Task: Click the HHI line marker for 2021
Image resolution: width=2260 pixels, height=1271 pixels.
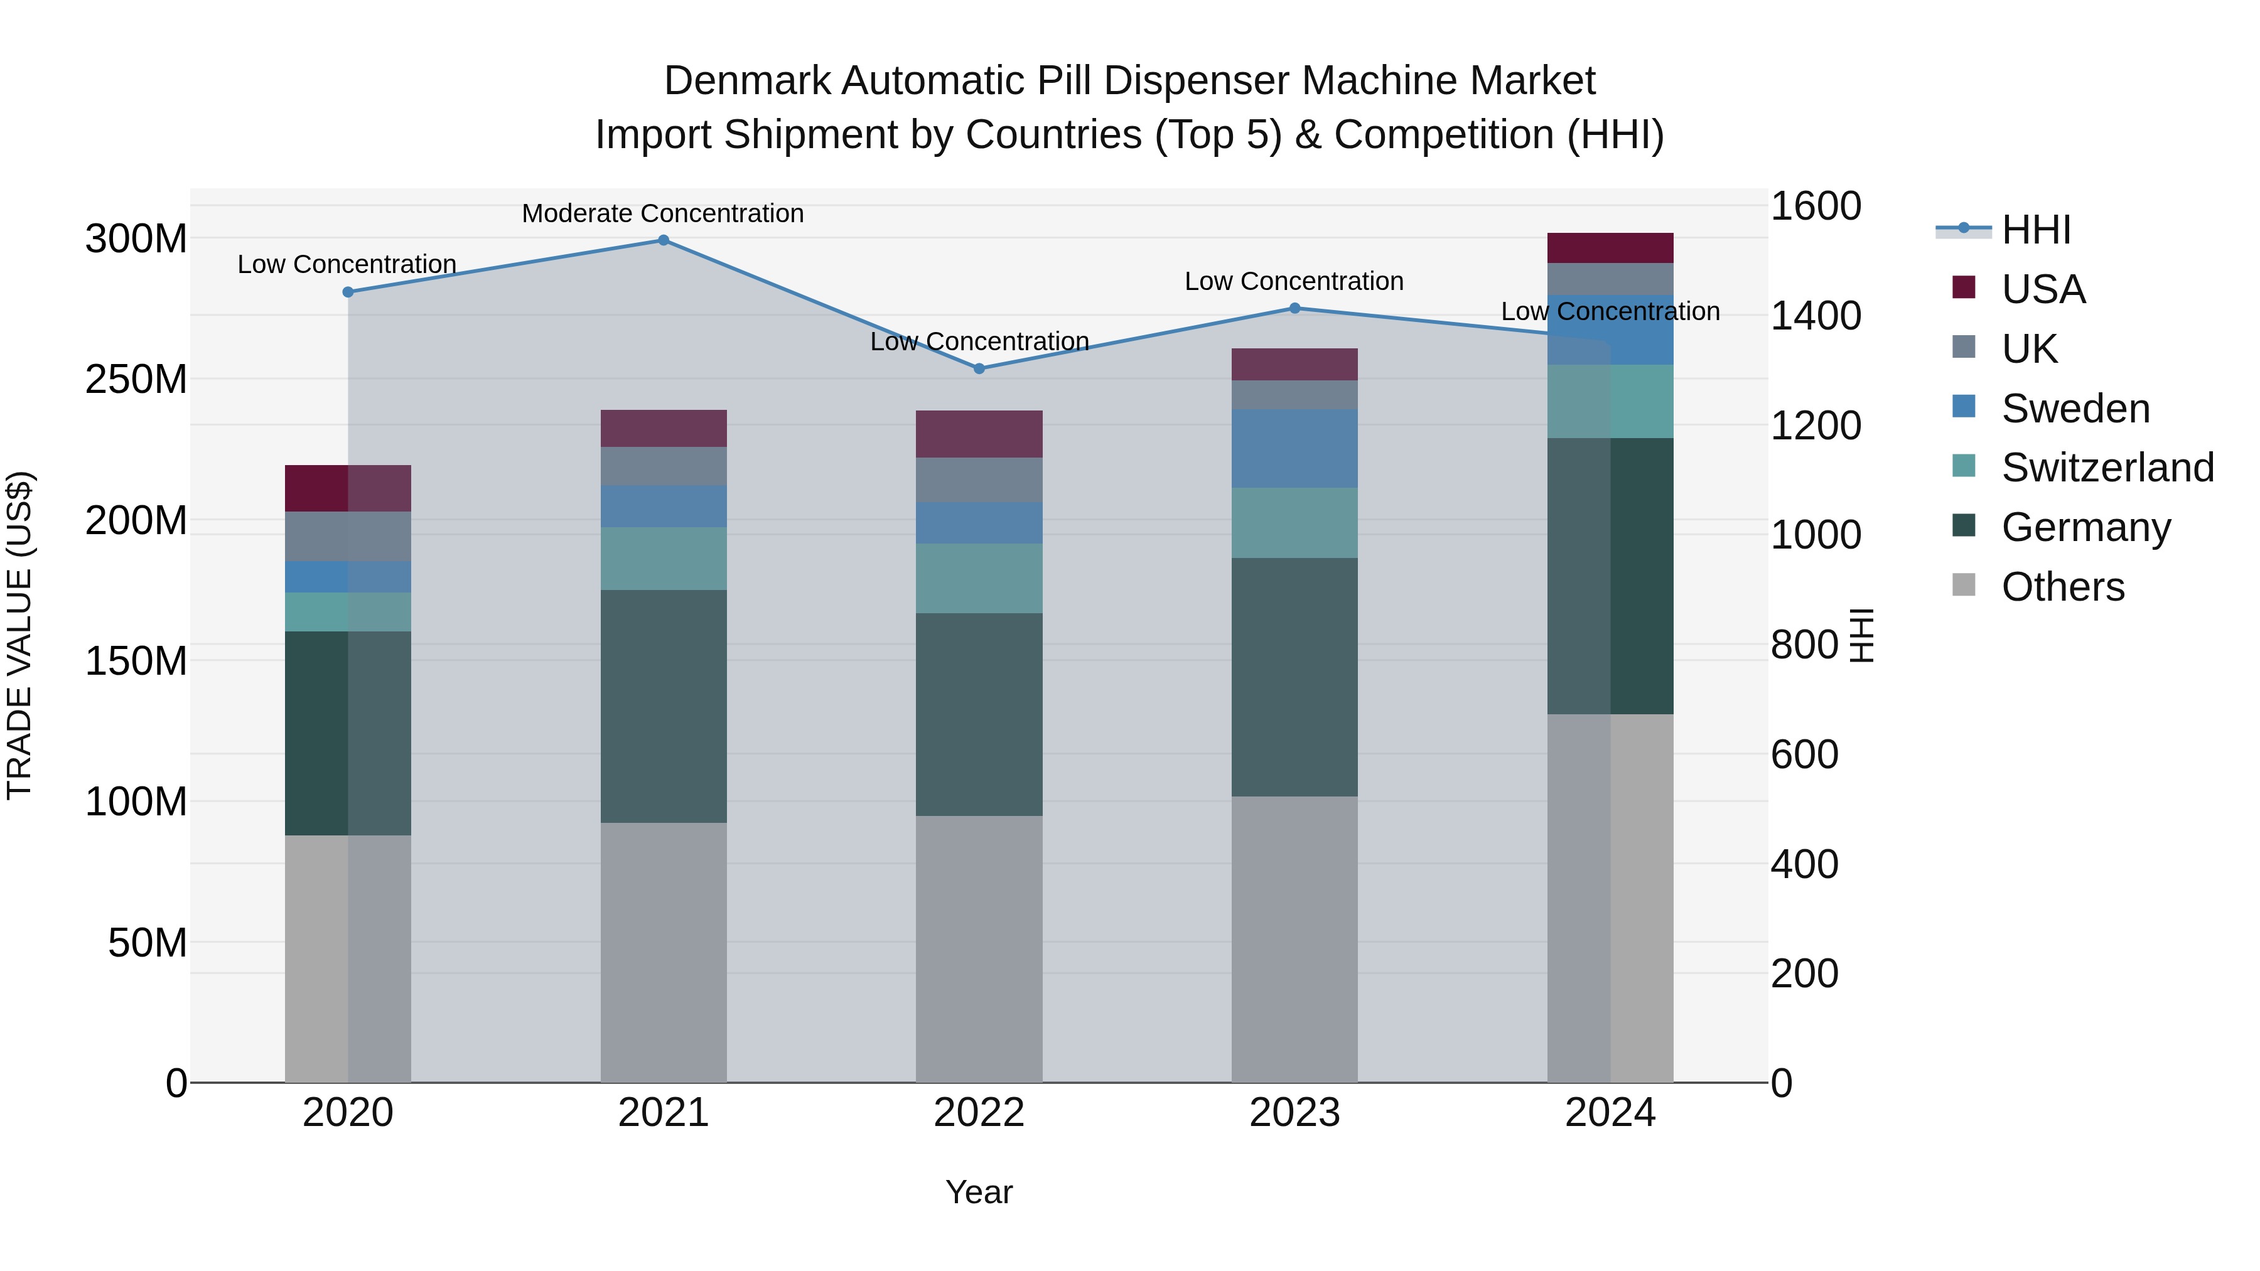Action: pyautogui.click(x=664, y=240)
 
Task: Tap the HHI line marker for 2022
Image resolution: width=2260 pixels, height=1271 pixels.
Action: pyautogui.click(x=979, y=368)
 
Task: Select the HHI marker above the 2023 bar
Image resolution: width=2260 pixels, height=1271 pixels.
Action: pyautogui.click(x=1295, y=308)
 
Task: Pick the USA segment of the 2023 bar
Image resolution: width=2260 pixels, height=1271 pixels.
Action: pyautogui.click(x=1295, y=364)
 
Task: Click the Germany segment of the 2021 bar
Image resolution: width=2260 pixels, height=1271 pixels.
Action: pyautogui.click(x=664, y=706)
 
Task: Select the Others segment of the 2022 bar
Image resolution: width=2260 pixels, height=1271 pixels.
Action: pyautogui.click(x=979, y=949)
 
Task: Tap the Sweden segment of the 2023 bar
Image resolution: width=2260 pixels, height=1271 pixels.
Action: pyautogui.click(x=1295, y=448)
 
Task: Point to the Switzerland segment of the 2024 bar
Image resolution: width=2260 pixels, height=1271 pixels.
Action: pyautogui.click(x=1611, y=401)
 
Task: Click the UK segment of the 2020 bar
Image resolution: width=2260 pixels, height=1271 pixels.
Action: pyautogui.click(x=348, y=536)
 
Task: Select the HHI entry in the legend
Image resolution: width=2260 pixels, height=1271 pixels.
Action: pyautogui.click(x=2035, y=230)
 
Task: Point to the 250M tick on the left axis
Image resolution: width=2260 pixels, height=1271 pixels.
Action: pyautogui.click(x=136, y=379)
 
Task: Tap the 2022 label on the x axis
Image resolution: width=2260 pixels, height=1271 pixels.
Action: pyautogui.click(x=979, y=1112)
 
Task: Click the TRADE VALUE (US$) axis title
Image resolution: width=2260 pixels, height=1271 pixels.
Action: pyautogui.click(x=19, y=635)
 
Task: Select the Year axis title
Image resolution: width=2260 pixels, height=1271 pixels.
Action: pyautogui.click(x=979, y=1192)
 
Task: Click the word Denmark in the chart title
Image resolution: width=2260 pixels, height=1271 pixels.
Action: pyautogui.click(x=746, y=81)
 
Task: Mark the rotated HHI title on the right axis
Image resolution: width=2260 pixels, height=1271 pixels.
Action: pyautogui.click(x=1862, y=635)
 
